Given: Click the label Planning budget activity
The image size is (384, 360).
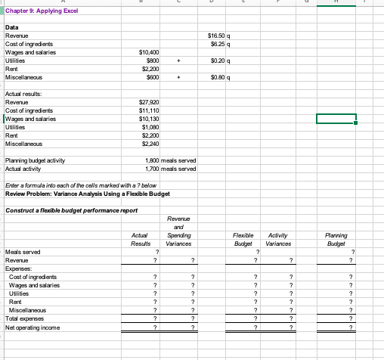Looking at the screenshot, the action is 35,161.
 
